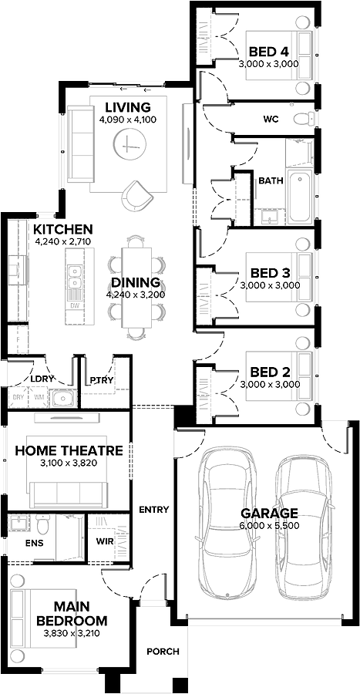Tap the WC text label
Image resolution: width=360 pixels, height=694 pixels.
[271, 119]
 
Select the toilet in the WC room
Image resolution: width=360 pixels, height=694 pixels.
[306, 119]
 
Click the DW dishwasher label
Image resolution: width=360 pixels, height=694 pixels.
[75, 305]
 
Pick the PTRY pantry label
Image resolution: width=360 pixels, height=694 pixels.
[101, 379]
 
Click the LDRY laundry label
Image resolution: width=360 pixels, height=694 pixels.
[41, 379]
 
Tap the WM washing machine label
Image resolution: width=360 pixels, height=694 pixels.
[39, 398]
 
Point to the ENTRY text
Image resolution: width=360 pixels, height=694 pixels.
[153, 510]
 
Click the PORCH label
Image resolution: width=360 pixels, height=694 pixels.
[163, 652]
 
